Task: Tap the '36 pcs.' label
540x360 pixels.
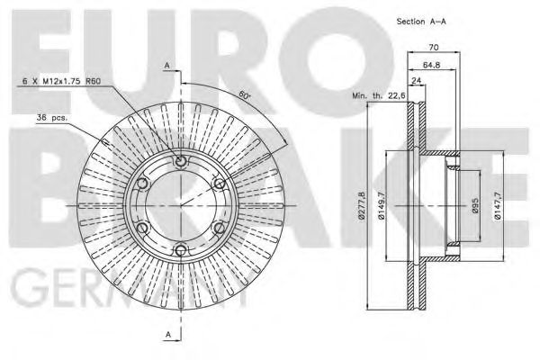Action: pos(53,118)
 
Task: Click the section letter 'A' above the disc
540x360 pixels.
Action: pos(166,64)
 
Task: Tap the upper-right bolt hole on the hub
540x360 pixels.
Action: pos(219,184)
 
